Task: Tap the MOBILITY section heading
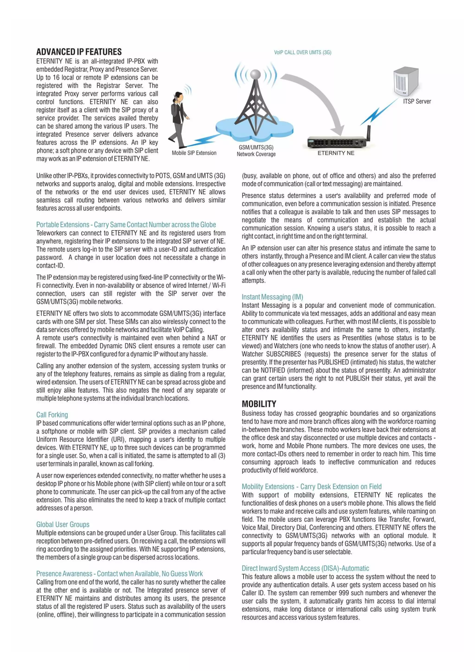coord(259,404)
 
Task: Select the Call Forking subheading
coord(52,415)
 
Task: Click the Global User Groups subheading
coord(63,524)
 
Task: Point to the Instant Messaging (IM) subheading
coord(272,297)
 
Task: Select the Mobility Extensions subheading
coord(311,487)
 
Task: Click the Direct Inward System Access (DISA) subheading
coord(305,568)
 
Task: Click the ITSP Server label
coord(417,101)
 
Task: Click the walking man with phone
coord(179,120)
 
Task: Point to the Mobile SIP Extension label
coord(194,153)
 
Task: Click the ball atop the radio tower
coord(255,74)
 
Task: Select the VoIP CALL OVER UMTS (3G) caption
coord(302,52)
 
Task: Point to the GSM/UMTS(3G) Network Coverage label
coord(256,151)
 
